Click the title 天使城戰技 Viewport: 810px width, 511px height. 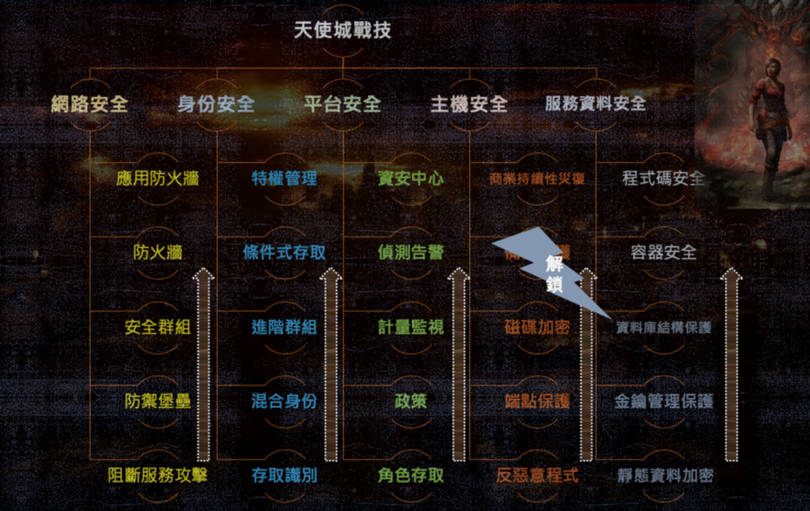point(343,31)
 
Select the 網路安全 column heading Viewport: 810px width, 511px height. point(89,104)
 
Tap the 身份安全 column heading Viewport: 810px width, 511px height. point(216,104)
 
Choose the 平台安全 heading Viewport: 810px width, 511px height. point(343,104)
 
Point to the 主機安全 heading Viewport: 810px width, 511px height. point(469,104)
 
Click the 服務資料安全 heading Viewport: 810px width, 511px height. point(595,104)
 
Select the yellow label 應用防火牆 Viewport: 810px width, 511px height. point(158,179)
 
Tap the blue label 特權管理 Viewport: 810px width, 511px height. point(284,179)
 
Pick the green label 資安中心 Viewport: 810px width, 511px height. point(410,179)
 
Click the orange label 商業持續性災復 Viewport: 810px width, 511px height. point(537,179)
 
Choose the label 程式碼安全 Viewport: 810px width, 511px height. point(664,179)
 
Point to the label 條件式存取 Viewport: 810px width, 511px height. point(284,253)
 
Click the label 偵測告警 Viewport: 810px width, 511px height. point(410,253)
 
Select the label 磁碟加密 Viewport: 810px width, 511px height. point(537,328)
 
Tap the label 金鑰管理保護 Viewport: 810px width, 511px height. point(664,401)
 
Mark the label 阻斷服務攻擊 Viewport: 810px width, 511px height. point(158,475)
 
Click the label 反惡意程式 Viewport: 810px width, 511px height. point(537,475)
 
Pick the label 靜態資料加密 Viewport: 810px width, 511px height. point(664,475)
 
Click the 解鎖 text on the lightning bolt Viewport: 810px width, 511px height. point(554,274)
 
